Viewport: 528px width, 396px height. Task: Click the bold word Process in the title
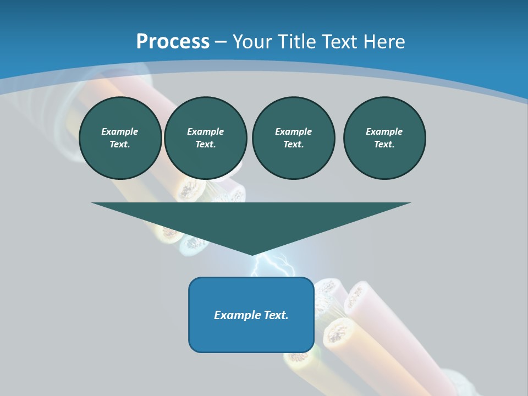(173, 42)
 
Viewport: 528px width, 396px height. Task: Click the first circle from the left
(120, 138)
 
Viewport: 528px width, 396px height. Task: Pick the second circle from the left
(205, 138)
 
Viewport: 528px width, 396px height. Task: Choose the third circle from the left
(293, 138)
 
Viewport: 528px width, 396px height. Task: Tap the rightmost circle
(384, 138)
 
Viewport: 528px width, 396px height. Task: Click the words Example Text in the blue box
(251, 315)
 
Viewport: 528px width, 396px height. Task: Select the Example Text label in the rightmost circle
(384, 138)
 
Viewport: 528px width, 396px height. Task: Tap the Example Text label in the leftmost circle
(120, 138)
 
